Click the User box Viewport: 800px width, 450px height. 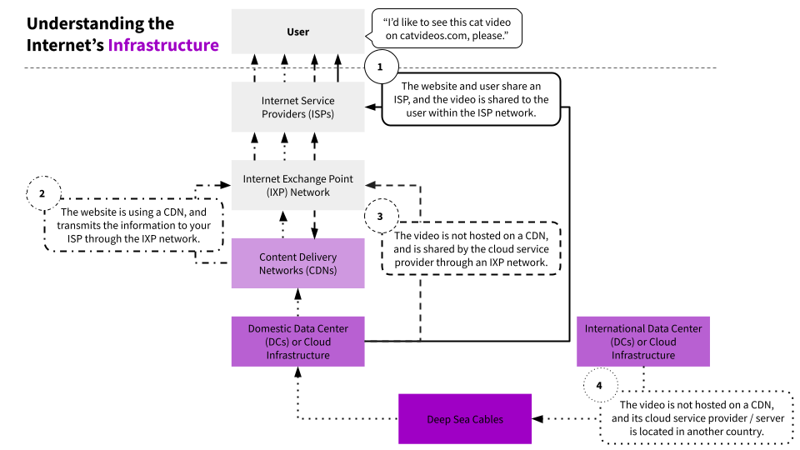(x=298, y=31)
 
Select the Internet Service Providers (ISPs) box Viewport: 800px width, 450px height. (x=298, y=107)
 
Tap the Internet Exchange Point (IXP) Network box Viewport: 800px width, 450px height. (x=298, y=185)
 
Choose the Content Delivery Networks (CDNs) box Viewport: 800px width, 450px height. (x=298, y=263)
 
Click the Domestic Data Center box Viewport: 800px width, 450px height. (x=298, y=342)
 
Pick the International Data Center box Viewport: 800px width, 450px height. (x=642, y=342)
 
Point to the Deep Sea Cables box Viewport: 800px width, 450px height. (x=465, y=419)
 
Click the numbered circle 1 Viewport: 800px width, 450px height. (x=380, y=67)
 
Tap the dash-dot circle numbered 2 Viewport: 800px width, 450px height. (x=42, y=193)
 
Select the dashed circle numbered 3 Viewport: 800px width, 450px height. (x=381, y=217)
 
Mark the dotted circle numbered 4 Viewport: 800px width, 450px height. (x=600, y=385)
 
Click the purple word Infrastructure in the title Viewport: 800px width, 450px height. (x=163, y=45)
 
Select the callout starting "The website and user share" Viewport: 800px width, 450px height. (x=471, y=99)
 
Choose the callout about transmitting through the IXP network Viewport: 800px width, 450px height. (x=133, y=225)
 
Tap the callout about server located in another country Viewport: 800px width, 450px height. (x=697, y=417)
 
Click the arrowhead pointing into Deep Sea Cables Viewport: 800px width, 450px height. (x=537, y=419)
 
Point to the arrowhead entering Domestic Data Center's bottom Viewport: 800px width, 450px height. (x=298, y=372)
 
